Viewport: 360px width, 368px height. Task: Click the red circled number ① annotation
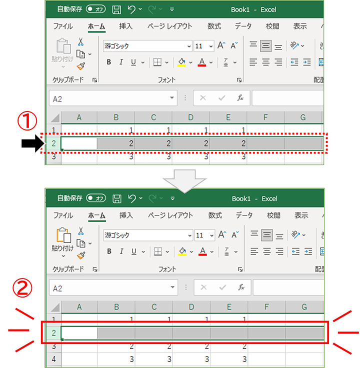click(x=27, y=120)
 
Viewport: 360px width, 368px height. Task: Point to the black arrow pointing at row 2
click(x=33, y=143)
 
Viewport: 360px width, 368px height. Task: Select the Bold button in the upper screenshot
click(x=109, y=62)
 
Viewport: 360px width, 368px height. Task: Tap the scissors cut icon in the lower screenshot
click(x=80, y=231)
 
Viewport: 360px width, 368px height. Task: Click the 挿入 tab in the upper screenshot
click(x=125, y=26)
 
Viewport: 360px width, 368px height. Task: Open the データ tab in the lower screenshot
click(x=244, y=215)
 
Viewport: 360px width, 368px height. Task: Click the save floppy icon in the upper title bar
click(x=116, y=9)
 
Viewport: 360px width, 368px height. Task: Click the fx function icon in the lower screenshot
click(x=241, y=287)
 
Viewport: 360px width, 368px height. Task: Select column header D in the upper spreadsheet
click(x=190, y=117)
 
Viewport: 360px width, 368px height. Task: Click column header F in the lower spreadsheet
click(x=266, y=306)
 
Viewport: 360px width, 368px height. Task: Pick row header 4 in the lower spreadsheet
click(x=53, y=359)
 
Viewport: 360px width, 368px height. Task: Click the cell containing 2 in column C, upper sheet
click(x=153, y=143)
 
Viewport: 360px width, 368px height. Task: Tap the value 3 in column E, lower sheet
click(x=244, y=359)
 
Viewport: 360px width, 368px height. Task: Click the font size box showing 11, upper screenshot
click(x=203, y=46)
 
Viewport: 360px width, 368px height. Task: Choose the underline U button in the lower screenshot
click(x=134, y=251)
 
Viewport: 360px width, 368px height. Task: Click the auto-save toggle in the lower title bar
click(x=96, y=198)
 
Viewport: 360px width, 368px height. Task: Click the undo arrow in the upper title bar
click(x=131, y=9)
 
